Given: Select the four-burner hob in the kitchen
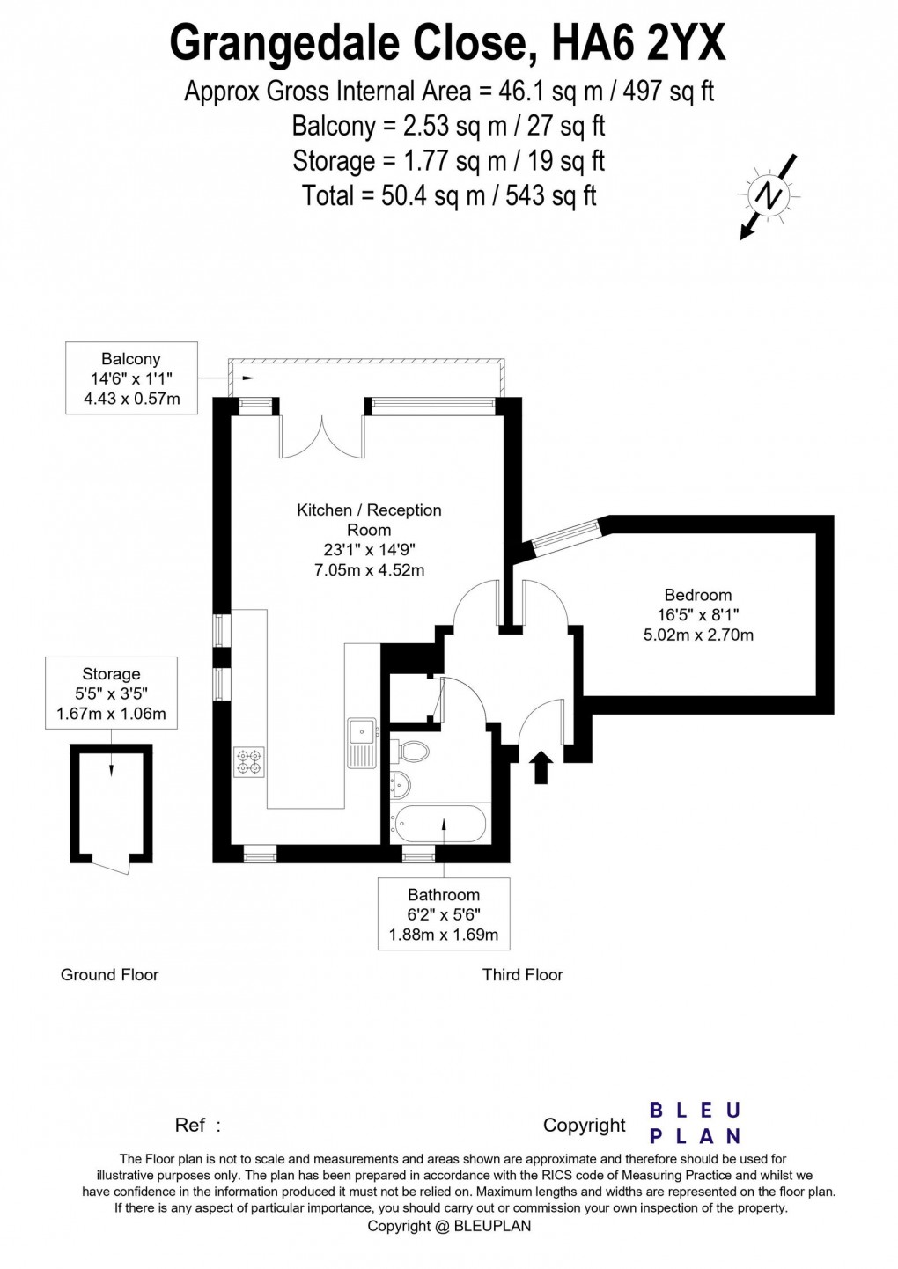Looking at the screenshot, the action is pyautogui.click(x=249, y=762).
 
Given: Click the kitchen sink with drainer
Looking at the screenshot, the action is pyautogui.click(x=362, y=743).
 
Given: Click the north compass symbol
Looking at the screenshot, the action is pyautogui.click(x=769, y=196).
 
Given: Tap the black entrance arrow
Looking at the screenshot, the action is pyautogui.click(x=543, y=767).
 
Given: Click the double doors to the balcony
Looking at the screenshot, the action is pyautogui.click(x=321, y=436).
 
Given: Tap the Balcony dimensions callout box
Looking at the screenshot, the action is pyautogui.click(x=131, y=378).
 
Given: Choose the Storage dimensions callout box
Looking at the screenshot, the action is pyautogui.click(x=111, y=693).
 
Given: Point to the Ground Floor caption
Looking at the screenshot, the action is pyautogui.click(x=109, y=974).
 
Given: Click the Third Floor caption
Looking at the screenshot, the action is pyautogui.click(x=523, y=974).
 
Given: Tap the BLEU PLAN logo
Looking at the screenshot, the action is pyautogui.click(x=695, y=1124).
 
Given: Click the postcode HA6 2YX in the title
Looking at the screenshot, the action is pyautogui.click(x=639, y=45).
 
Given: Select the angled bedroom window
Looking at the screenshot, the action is pyautogui.click(x=565, y=535).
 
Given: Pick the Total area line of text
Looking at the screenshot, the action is pyautogui.click(x=449, y=196).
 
